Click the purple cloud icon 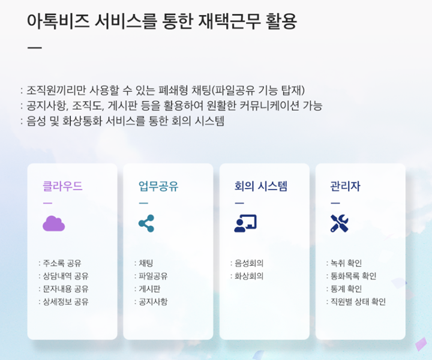coord(54,223)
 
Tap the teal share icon coord(146,223)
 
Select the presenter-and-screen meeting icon coord(245,223)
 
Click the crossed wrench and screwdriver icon coord(340,223)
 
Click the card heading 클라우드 coord(62,186)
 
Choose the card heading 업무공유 coord(158,186)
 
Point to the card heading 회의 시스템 coord(260,186)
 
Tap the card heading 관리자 coord(345,186)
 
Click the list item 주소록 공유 coord(62,263)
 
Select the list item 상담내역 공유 coord(65,276)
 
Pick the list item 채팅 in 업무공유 coord(146,263)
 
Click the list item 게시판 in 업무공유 coord(149,289)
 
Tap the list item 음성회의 coord(249,263)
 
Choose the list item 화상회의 coord(249,276)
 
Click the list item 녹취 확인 coord(346,263)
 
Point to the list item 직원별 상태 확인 coord(358,302)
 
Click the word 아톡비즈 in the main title coord(58,21)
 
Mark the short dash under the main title coord(35,48)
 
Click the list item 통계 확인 coord(346,289)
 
